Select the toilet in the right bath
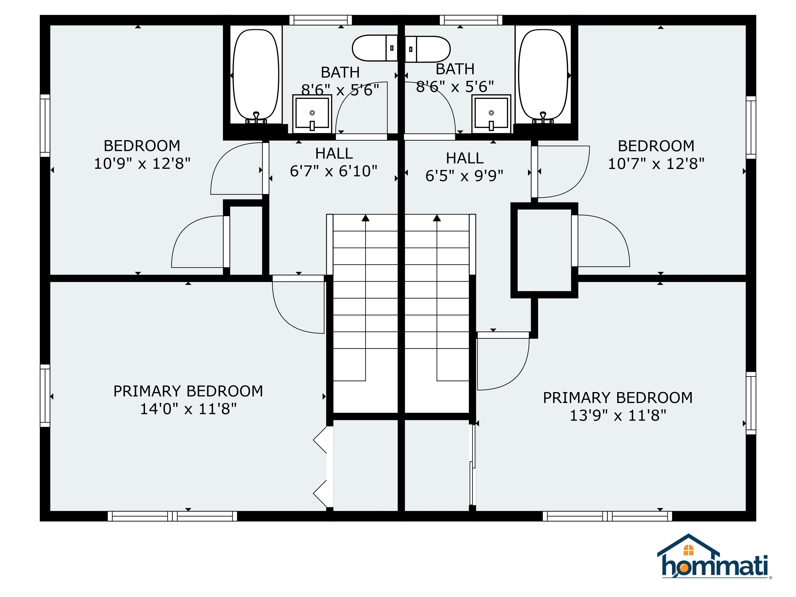point(428,49)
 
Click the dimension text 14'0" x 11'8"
point(188,409)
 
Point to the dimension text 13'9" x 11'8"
point(618,416)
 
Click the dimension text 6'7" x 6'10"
point(333,171)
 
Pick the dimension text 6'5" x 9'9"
point(464,176)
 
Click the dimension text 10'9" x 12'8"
point(142,164)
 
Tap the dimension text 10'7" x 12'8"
point(656,164)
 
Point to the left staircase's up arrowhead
point(366,218)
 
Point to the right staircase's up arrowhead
point(437,218)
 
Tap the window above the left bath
point(321,20)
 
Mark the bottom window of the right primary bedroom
point(607,516)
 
